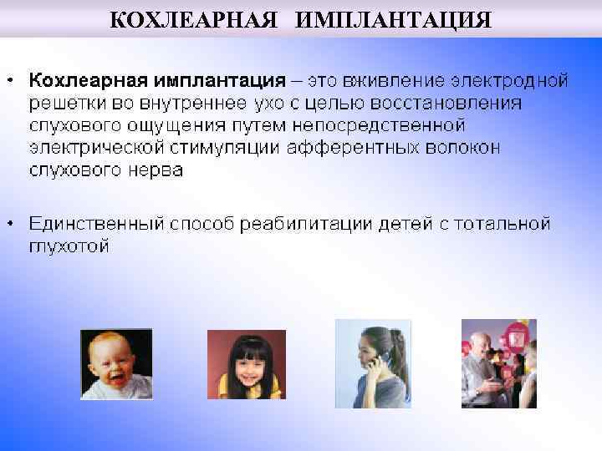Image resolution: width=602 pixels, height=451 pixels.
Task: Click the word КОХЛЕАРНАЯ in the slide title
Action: [194, 18]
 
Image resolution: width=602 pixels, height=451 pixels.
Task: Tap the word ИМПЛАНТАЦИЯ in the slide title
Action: [392, 18]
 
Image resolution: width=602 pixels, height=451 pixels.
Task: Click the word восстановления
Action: [451, 104]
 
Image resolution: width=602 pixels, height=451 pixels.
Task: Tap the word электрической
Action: [96, 148]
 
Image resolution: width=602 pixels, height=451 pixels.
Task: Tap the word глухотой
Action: [69, 247]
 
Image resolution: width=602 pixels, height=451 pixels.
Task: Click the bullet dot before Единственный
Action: [10, 224]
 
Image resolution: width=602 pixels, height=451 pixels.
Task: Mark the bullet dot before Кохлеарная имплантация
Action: [10, 80]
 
